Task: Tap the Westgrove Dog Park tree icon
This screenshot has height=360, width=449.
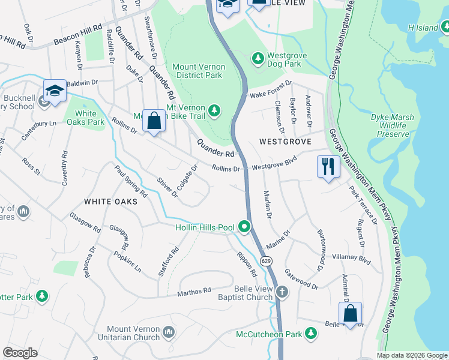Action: point(258,58)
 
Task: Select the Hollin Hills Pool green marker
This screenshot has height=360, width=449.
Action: point(244,227)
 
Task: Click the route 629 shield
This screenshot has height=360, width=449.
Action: point(264,262)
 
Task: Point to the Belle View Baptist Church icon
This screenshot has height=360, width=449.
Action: point(282,292)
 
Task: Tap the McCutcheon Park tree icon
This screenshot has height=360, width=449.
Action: point(310,332)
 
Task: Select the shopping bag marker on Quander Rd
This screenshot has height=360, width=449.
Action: point(154,121)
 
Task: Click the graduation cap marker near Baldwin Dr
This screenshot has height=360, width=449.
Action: point(55,91)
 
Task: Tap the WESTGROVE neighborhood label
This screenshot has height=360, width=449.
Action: point(285,142)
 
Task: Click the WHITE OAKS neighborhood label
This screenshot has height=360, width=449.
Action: point(110,202)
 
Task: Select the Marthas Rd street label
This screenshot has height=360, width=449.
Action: point(194,291)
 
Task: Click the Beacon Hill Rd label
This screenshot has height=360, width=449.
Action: point(77,37)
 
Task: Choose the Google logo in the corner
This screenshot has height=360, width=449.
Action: point(20,353)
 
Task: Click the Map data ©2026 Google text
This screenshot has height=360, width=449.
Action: point(412,355)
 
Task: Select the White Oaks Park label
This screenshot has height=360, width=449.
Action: point(85,118)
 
